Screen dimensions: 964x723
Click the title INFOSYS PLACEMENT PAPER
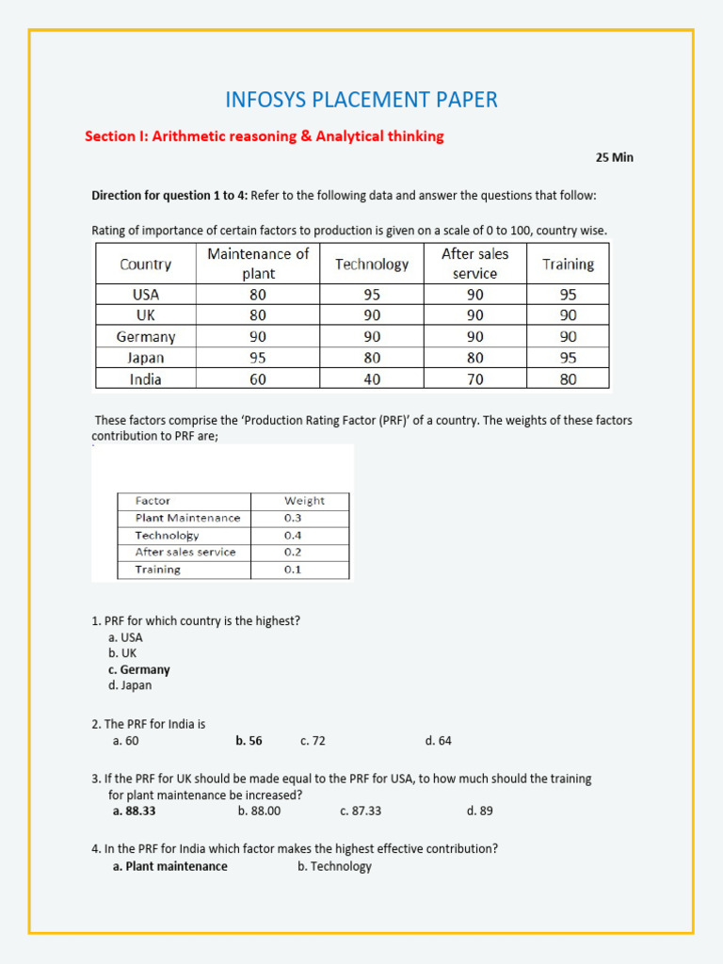pos(361,100)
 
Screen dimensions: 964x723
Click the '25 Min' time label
pos(614,157)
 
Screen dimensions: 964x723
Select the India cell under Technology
pos(372,379)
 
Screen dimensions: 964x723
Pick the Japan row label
pos(146,358)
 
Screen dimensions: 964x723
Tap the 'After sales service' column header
pos(474,264)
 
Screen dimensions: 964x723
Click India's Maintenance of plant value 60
pos(258,379)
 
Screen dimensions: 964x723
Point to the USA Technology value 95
pos(372,294)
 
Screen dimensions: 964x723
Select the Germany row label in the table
pos(146,336)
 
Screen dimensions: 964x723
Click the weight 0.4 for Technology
pos(293,535)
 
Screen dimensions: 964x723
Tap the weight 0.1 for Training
pos(293,570)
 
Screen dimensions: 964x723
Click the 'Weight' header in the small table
pos(304,501)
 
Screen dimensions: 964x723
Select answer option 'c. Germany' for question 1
pos(139,669)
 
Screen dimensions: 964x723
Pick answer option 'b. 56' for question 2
pos(249,741)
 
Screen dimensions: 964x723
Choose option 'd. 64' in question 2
pos(439,741)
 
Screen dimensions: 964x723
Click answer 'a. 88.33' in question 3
pos(135,811)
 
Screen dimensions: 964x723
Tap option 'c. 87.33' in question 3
pos(361,811)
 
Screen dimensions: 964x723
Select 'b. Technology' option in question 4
pos(334,866)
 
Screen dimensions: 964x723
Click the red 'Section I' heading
pos(265,137)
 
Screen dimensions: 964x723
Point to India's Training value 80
pos(568,379)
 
